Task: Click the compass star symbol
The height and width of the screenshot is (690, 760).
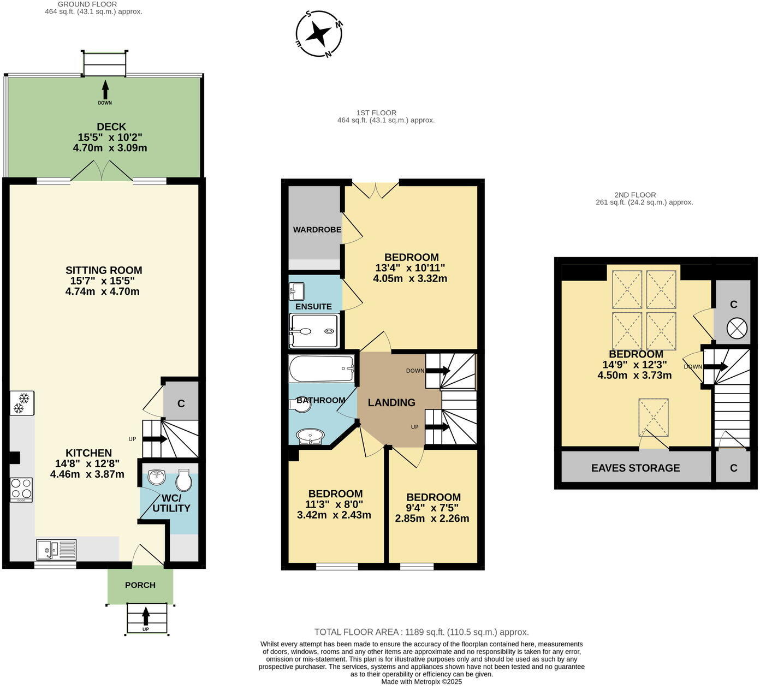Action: pos(318,34)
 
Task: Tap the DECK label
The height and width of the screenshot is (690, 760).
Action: pos(111,127)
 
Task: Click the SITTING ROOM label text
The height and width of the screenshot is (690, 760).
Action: pos(104,270)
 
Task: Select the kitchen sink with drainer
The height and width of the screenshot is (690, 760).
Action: pos(56,550)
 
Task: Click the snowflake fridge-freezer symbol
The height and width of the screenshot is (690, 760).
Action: pos(22,403)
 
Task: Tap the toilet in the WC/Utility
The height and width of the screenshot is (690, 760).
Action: pos(184,480)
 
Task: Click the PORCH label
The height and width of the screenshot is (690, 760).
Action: pos(140,585)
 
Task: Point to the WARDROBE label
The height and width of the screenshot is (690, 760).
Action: pos(317,230)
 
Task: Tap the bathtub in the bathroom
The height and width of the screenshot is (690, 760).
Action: pos(321,369)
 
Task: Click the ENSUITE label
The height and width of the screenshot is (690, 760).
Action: pos(313,307)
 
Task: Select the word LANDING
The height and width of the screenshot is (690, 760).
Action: pos(391,402)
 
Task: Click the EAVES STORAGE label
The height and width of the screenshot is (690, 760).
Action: pos(636,468)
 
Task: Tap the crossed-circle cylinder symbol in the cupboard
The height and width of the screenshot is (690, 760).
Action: pos(737,328)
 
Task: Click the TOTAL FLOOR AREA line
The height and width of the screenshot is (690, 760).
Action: pos(421,632)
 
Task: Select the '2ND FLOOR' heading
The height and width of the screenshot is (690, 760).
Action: pos(635,195)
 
